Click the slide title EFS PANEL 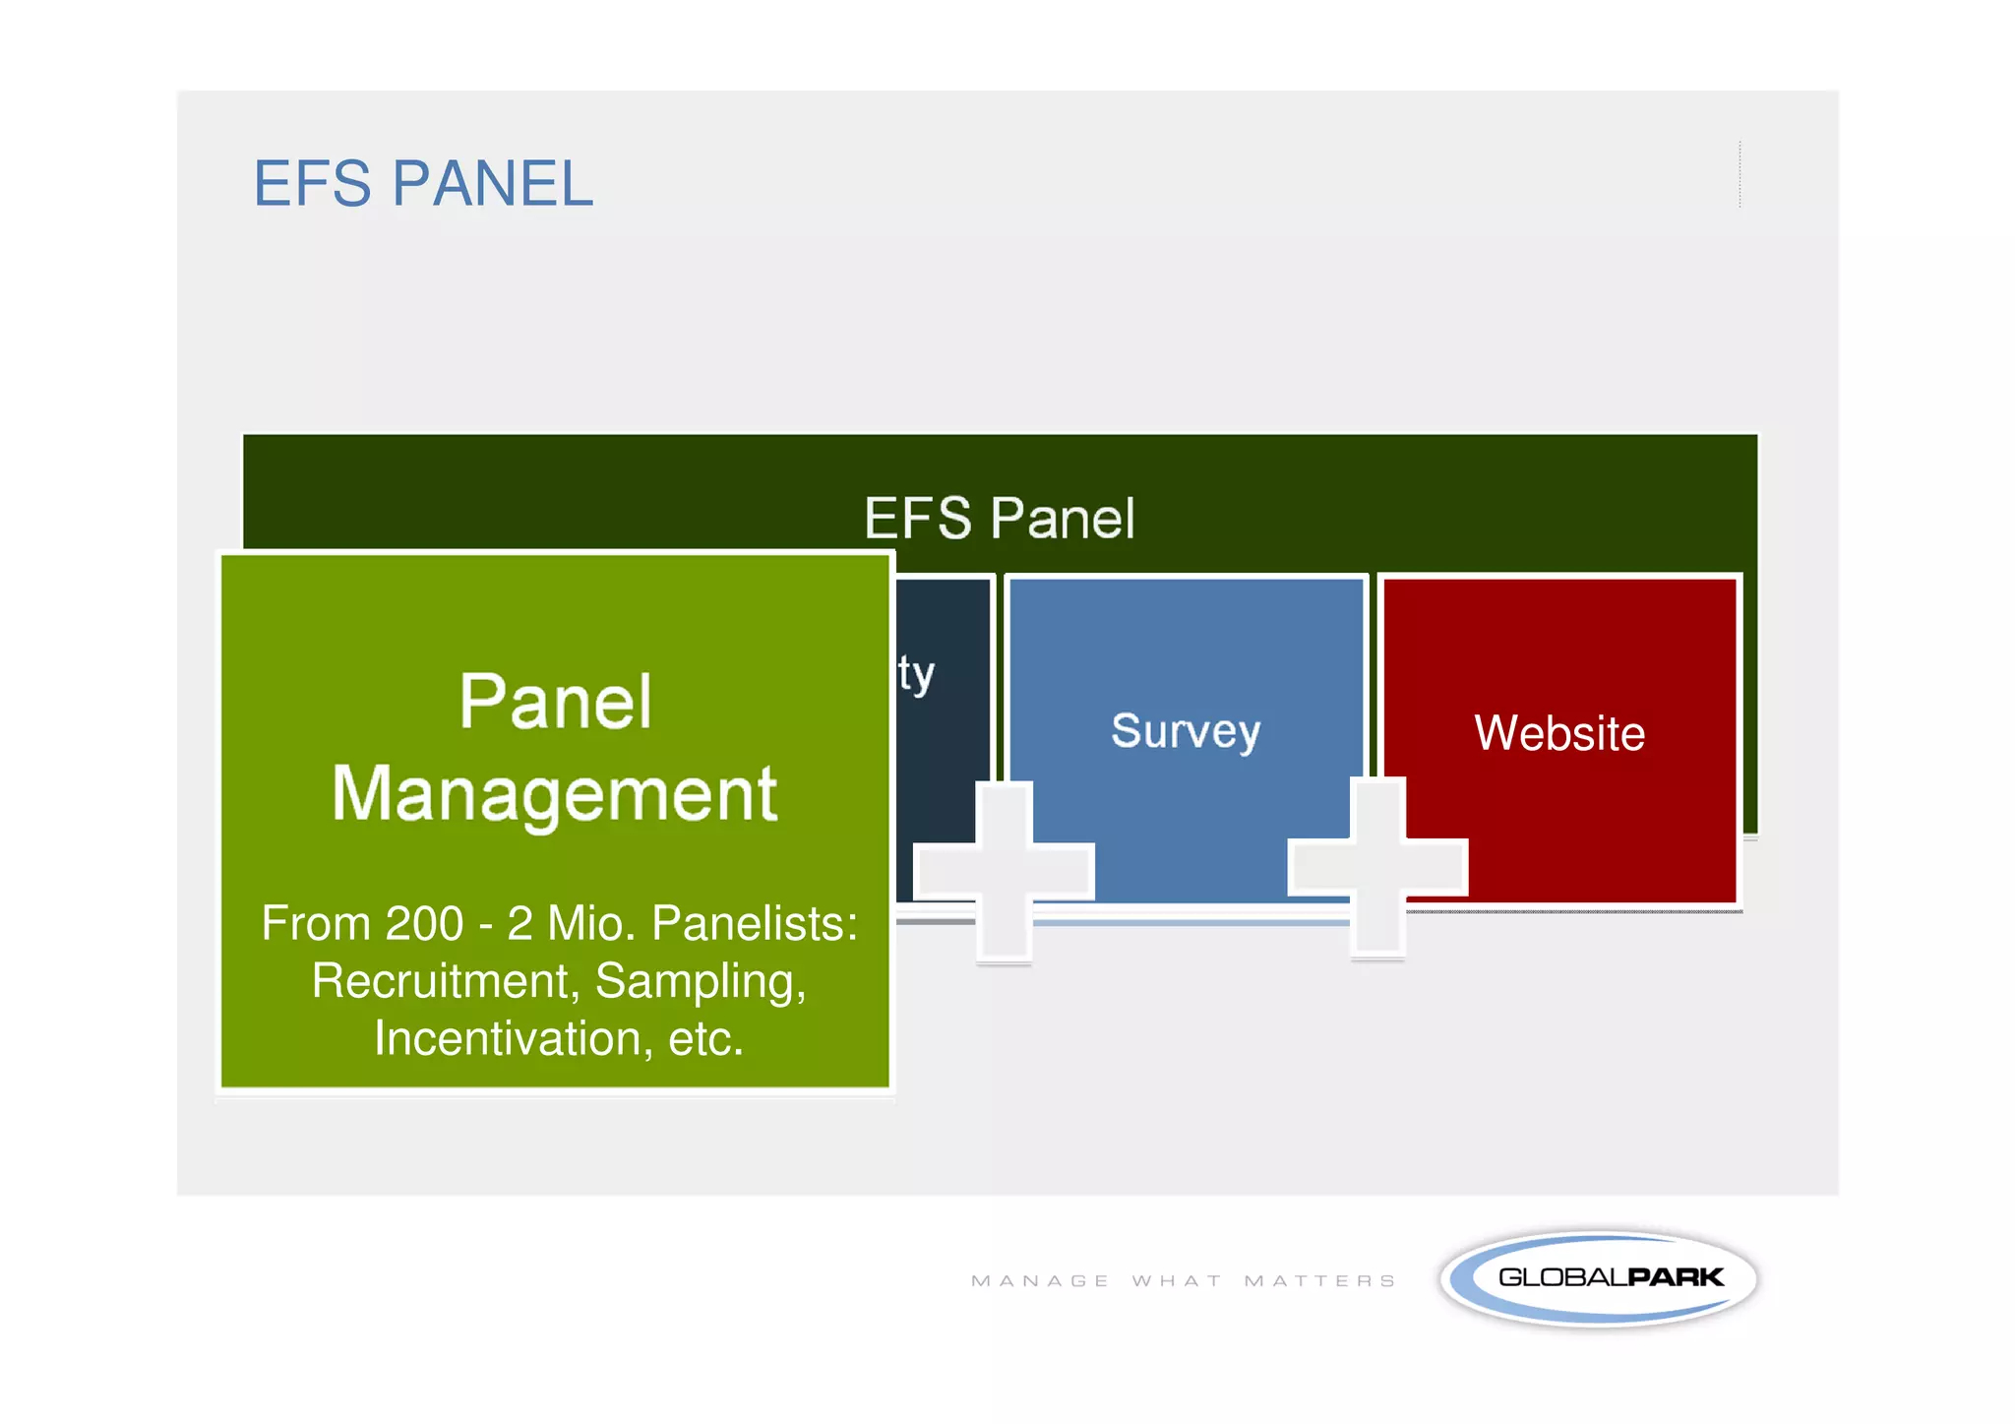coord(423,184)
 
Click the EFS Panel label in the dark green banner coord(999,519)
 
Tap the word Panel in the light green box coord(555,702)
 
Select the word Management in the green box coord(555,793)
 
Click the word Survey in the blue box coord(1186,731)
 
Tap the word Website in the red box coord(1559,733)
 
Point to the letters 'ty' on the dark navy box coord(915,675)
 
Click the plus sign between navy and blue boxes coord(1005,871)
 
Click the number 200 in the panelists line coord(424,924)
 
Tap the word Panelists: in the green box coord(755,924)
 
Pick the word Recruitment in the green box coord(441,981)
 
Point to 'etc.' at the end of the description coord(705,1039)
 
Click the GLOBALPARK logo coord(1599,1277)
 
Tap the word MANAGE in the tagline coord(1040,1281)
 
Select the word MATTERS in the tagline coord(1319,1281)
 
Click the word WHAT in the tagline coord(1177,1281)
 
